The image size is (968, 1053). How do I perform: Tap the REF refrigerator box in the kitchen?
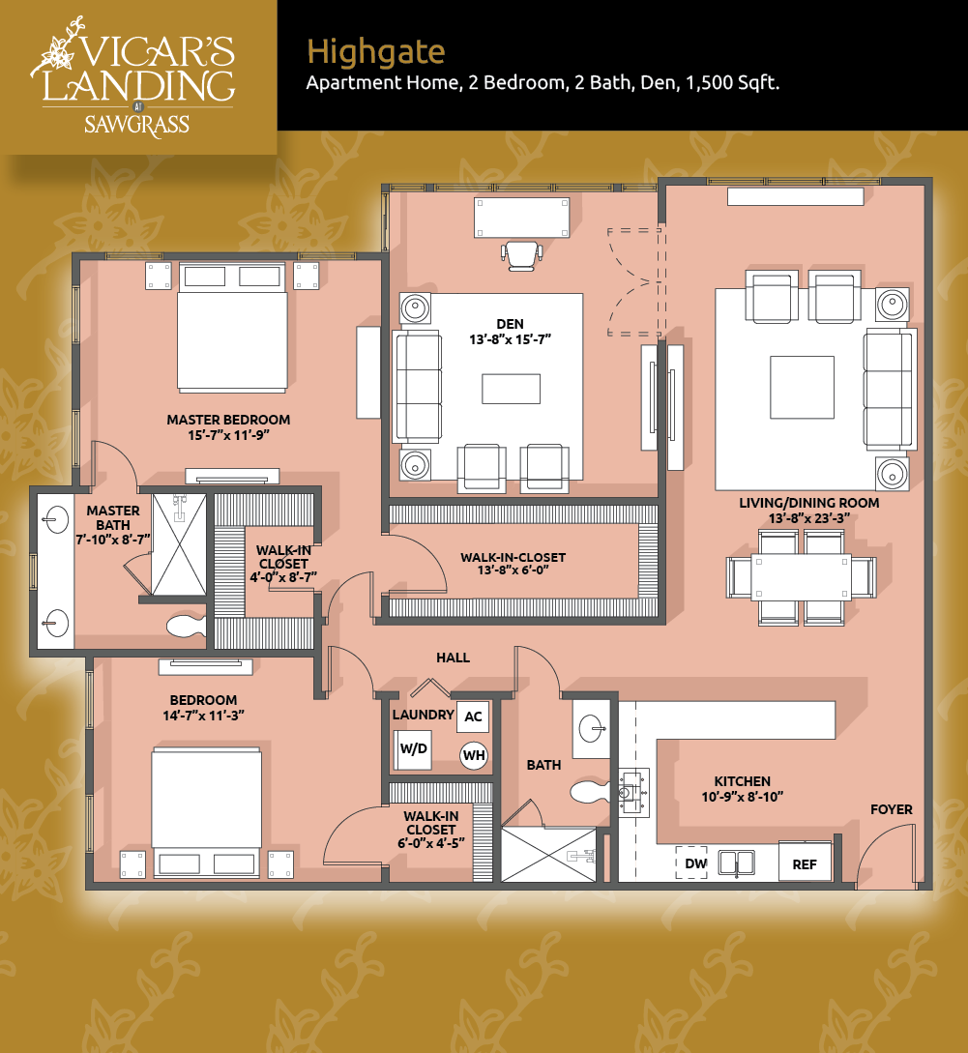(805, 863)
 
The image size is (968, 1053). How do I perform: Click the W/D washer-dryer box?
(413, 748)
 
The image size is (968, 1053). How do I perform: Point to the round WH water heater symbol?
(474, 755)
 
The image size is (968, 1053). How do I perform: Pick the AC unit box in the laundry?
(473, 717)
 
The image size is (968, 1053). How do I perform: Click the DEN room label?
(510, 324)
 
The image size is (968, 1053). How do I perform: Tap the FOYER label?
(892, 809)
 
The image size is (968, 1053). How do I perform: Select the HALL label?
(453, 658)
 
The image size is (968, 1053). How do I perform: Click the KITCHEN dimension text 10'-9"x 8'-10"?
(743, 797)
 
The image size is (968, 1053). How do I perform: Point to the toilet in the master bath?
(186, 627)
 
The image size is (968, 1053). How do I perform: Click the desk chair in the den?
(521, 256)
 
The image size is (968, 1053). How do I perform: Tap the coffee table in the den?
(512, 389)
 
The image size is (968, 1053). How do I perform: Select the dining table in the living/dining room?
(802, 577)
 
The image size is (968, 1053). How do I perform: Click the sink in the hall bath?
(591, 729)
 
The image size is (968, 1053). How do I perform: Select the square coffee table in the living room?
(802, 388)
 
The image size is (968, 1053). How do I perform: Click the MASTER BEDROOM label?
(228, 420)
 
